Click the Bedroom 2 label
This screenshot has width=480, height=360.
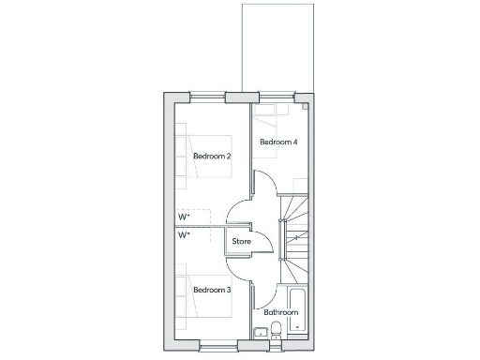click(x=212, y=156)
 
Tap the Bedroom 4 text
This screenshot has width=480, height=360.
click(x=278, y=142)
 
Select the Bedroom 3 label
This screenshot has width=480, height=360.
click(x=212, y=291)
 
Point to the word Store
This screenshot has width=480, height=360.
click(x=242, y=242)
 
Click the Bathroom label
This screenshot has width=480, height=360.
click(x=280, y=311)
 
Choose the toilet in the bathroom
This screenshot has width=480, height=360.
click(x=277, y=328)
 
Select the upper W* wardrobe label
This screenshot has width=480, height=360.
click(x=184, y=217)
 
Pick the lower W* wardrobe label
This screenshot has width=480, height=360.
click(x=184, y=236)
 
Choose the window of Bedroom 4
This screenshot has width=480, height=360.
click(x=275, y=96)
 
